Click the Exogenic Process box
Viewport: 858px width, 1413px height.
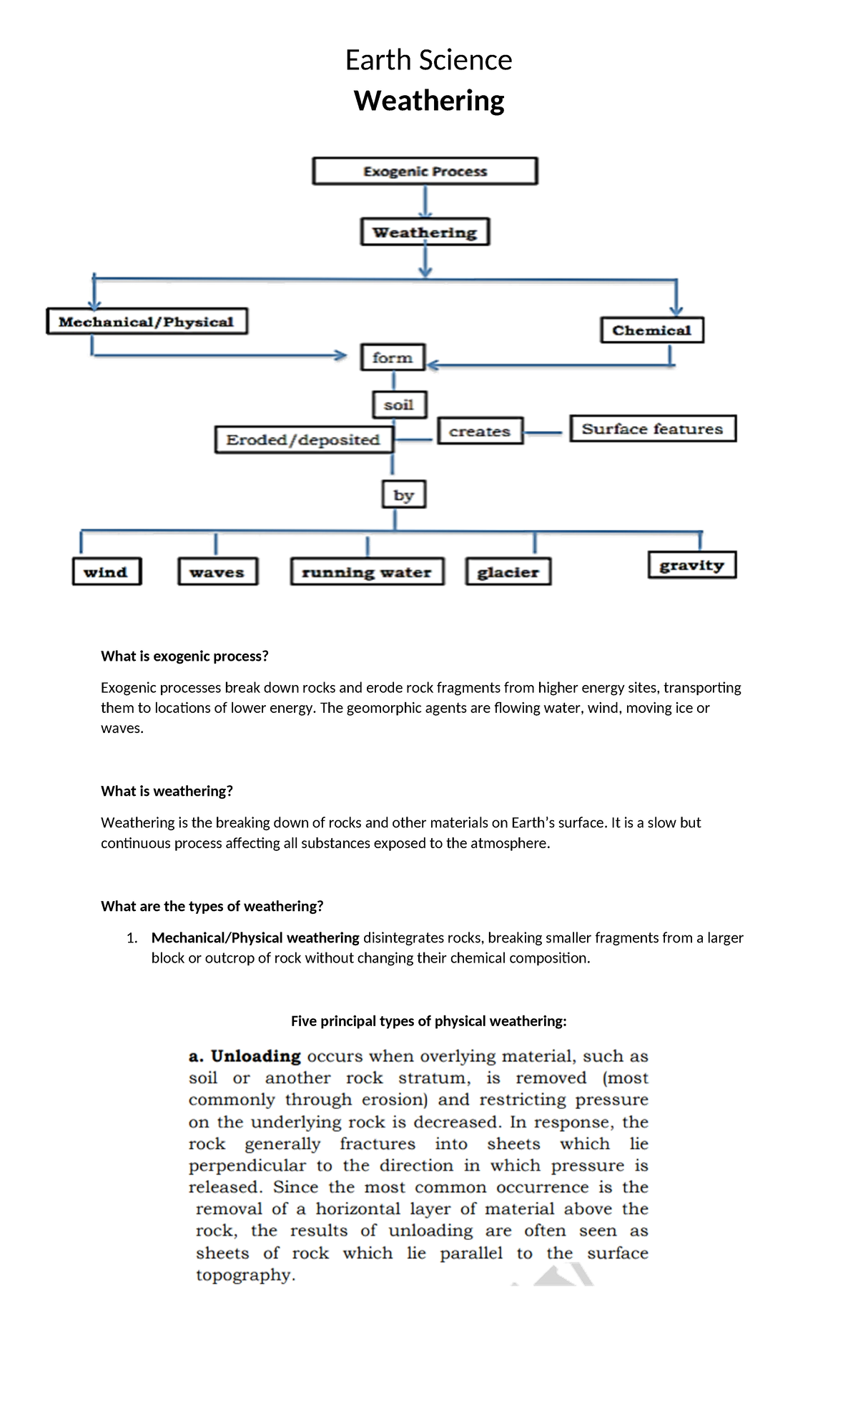click(425, 172)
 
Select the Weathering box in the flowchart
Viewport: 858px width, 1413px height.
click(425, 232)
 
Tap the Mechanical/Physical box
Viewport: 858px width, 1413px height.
click(147, 322)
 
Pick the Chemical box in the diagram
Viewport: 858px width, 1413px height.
click(651, 330)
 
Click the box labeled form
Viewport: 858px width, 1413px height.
click(393, 358)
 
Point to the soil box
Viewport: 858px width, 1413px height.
click(399, 405)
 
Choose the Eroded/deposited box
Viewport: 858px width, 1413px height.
click(303, 440)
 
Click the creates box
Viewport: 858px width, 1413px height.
click(480, 431)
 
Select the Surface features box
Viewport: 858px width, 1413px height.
click(652, 429)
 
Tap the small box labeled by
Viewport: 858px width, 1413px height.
click(403, 495)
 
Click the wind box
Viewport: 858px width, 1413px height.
click(106, 572)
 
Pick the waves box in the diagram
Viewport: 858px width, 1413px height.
click(217, 572)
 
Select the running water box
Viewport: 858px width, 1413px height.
click(367, 572)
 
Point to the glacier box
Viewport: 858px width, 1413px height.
click(508, 572)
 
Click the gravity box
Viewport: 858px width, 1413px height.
click(691, 565)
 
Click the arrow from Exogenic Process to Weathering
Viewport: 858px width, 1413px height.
click(425, 202)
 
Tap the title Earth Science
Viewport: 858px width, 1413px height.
click(428, 60)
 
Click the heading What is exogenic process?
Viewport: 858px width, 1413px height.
click(184, 656)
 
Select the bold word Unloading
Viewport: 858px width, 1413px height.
click(255, 1057)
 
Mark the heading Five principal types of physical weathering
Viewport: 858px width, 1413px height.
click(428, 1021)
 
